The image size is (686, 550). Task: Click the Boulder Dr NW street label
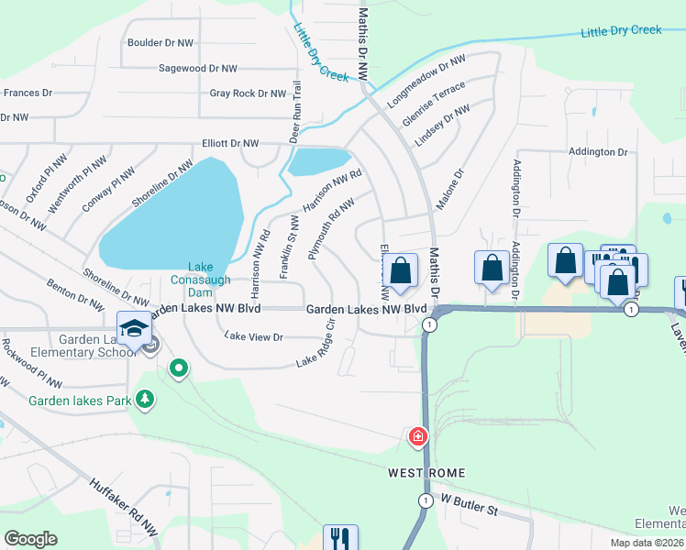[160, 43]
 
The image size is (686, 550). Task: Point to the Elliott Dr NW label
[230, 144]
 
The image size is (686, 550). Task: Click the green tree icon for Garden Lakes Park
[144, 399]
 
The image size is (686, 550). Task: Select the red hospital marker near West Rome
[418, 437]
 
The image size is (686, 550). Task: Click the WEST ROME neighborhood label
[426, 473]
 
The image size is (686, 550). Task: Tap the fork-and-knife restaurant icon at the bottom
[339, 536]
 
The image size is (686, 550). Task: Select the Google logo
[30, 539]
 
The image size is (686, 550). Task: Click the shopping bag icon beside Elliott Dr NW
[400, 270]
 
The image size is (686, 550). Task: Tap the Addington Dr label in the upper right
[597, 151]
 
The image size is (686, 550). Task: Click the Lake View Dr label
[254, 337]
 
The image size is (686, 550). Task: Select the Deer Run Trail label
[295, 112]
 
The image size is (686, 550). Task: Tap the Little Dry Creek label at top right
[621, 30]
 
